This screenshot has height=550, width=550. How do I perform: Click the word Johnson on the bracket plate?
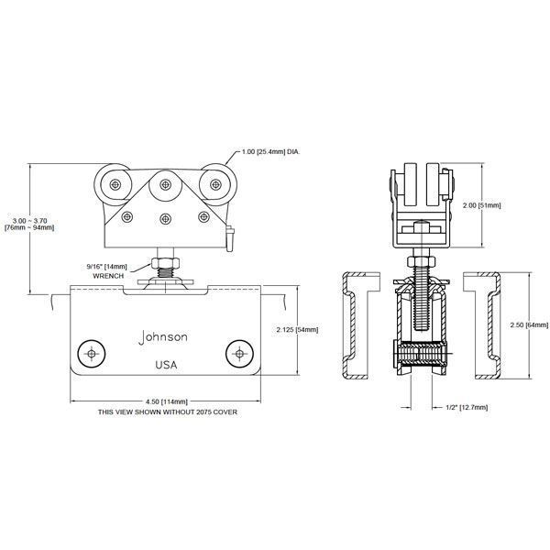[164, 337]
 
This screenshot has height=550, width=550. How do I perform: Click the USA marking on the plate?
[166, 366]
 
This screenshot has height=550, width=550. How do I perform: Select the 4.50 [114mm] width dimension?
[166, 401]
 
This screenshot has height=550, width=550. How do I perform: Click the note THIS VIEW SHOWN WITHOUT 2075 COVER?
[167, 412]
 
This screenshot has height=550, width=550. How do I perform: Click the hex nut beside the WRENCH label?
[167, 267]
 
